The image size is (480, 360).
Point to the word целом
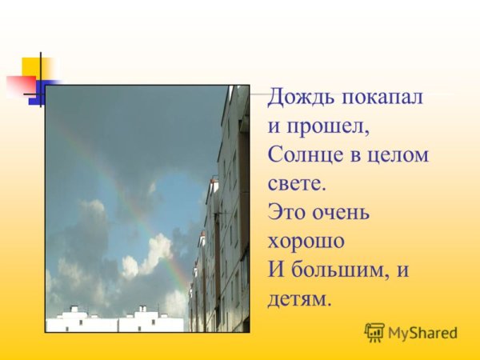point(402,154)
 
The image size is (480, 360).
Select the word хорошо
point(306,240)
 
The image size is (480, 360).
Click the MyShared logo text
point(422,333)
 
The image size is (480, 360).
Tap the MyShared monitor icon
point(374,332)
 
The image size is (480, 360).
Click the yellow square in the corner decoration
point(36,67)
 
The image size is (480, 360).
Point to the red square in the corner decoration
point(19,84)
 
